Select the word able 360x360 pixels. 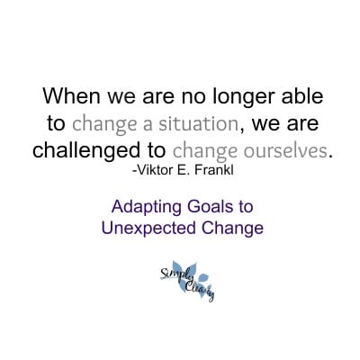point(302,95)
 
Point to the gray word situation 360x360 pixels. point(198,123)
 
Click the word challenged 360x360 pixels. point(86,151)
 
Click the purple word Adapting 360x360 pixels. point(146,208)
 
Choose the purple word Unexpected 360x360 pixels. point(148,229)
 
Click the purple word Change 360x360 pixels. point(232,229)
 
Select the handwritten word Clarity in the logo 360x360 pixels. point(199,290)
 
